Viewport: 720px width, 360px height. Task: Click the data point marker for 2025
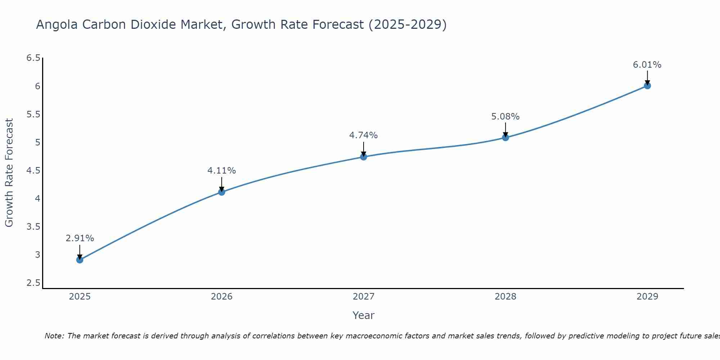point(80,260)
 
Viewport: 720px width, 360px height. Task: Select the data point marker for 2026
point(222,192)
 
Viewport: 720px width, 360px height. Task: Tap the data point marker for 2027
point(364,157)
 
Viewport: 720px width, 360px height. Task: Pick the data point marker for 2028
point(505,138)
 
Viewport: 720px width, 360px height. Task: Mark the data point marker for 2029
point(647,86)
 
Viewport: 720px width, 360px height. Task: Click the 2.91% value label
point(80,238)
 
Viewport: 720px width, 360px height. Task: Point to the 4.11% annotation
point(222,171)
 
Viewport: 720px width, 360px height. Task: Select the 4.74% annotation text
point(364,135)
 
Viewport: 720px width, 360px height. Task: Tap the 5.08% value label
point(505,117)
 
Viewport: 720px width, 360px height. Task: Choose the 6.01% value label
point(647,65)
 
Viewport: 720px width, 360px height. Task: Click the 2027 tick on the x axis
point(364,297)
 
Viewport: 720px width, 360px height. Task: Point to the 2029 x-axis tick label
point(647,297)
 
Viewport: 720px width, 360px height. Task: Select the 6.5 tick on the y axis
point(33,58)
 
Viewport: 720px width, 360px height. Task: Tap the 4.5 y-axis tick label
point(33,171)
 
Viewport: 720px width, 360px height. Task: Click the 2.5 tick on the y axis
point(33,283)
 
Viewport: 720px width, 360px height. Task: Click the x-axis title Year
point(364,315)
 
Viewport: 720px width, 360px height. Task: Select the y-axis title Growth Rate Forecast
point(9,173)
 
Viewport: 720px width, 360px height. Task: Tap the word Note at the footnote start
point(54,336)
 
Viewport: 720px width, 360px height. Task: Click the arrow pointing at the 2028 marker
point(505,130)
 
